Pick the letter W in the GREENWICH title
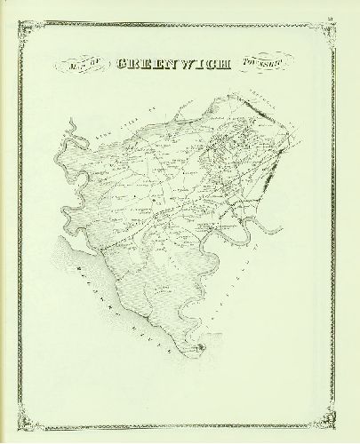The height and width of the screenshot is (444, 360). point(180,65)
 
